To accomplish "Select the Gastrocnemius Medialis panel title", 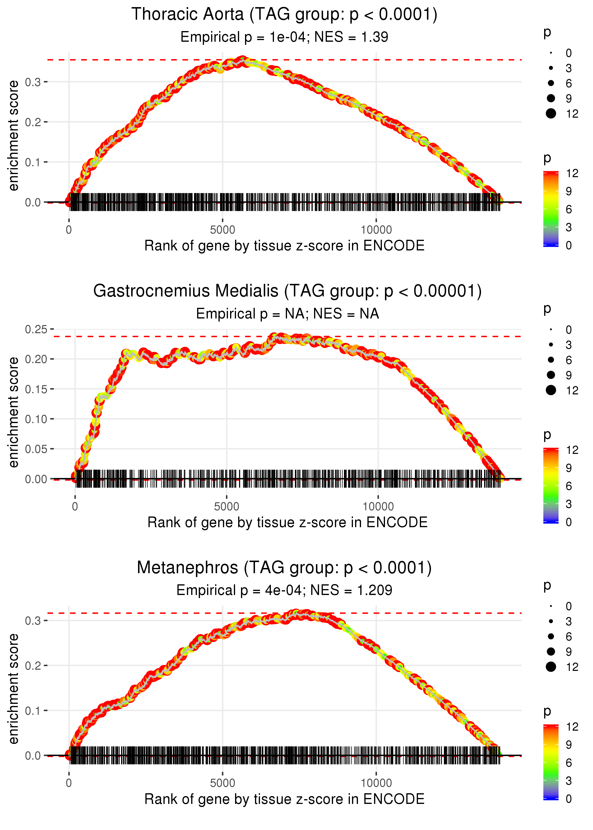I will point(287,291).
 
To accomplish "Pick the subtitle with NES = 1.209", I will point(284,590).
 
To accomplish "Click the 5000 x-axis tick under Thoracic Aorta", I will point(222,230).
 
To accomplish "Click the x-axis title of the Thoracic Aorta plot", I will point(284,246).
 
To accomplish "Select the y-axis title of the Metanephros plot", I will point(14,688).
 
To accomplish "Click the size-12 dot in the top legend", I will point(551,114).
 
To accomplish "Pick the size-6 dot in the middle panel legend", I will point(551,360).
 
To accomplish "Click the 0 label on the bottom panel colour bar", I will point(569,799).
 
